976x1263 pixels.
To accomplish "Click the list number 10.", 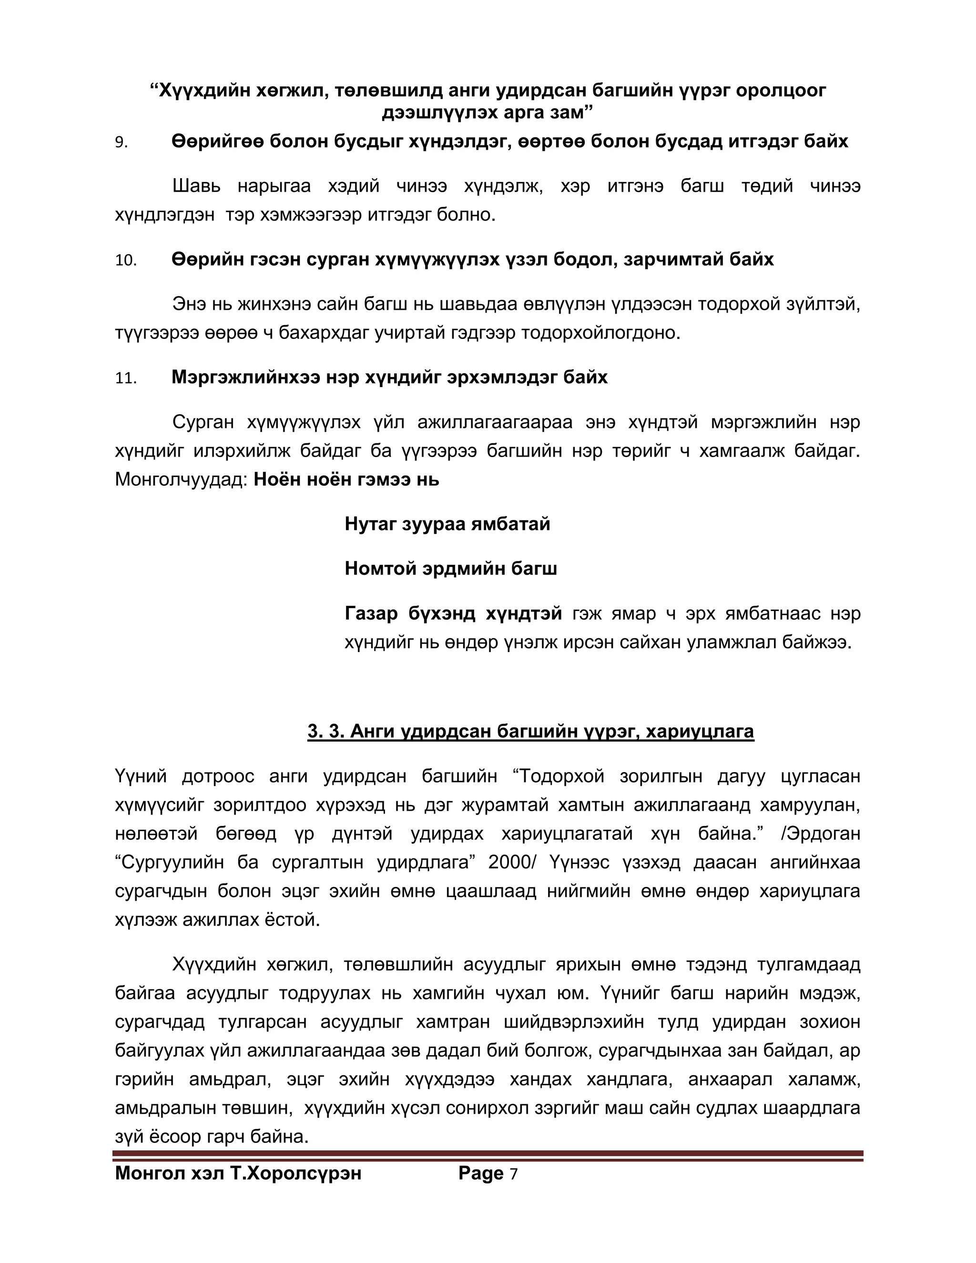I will pyautogui.click(x=125, y=261).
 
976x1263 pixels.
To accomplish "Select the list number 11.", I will pyautogui.click(x=125, y=379).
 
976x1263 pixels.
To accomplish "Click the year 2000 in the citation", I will pyautogui.click(x=509, y=862).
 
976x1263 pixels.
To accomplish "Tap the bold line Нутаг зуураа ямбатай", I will pyautogui.click(x=447, y=525).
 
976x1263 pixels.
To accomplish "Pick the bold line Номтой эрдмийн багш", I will pyautogui.click(x=450, y=569).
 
